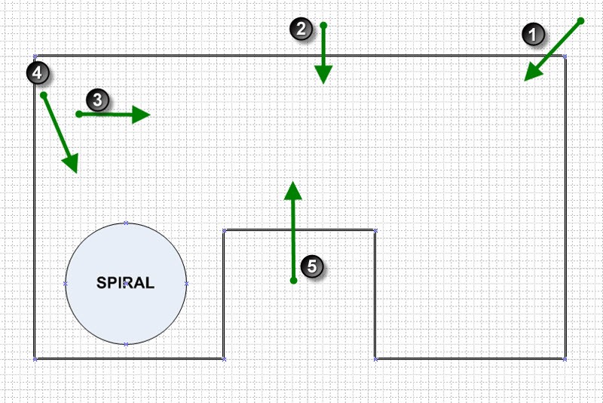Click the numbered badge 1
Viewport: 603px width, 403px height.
534,35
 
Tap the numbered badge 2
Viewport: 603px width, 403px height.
301,29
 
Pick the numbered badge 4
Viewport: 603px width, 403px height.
37,72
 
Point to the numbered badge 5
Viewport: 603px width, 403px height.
311,266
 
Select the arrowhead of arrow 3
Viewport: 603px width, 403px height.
144,114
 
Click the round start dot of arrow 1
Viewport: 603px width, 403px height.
581,21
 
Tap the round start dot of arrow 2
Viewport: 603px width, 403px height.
323,26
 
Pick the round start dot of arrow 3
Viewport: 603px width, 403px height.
79,114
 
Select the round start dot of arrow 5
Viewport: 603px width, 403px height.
293,281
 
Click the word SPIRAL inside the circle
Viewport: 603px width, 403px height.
126,284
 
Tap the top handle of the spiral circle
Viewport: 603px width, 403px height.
126,223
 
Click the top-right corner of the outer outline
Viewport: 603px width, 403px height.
565,56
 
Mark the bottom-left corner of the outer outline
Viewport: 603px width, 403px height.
35,358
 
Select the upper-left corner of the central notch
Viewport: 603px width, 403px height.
223,230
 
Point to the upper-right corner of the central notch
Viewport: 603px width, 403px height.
375,230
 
